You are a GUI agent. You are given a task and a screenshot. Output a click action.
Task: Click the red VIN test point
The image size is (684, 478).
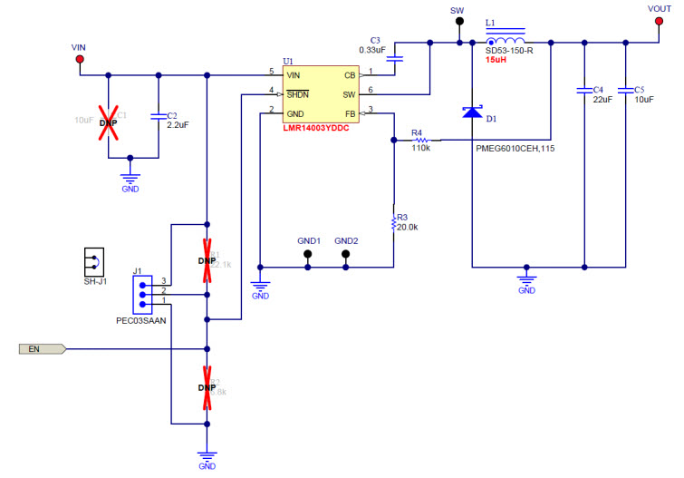[x=80, y=60]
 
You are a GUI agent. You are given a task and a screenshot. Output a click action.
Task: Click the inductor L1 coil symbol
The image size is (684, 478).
[x=507, y=41]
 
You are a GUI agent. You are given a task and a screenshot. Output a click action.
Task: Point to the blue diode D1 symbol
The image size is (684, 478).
[x=472, y=111]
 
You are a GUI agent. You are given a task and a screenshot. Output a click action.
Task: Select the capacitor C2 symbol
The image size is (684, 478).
[x=159, y=116]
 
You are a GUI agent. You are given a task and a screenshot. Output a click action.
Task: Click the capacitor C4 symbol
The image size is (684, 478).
[x=584, y=91]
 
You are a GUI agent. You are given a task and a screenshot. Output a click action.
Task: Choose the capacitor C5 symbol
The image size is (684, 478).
[x=625, y=91]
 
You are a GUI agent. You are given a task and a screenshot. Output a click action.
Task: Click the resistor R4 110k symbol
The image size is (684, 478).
[x=419, y=141]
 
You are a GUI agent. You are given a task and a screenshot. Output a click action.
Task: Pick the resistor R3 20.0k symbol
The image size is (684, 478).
[x=394, y=221]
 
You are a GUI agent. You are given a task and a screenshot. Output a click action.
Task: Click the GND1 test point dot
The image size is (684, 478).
[x=308, y=255]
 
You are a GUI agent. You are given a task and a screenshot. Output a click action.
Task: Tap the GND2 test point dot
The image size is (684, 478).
[x=346, y=255]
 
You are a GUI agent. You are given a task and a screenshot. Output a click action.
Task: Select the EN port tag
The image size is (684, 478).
[x=42, y=348]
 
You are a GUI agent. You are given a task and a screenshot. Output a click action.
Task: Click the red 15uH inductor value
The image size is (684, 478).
[x=496, y=60]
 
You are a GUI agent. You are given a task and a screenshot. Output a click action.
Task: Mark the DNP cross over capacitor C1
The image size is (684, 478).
[x=109, y=118]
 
